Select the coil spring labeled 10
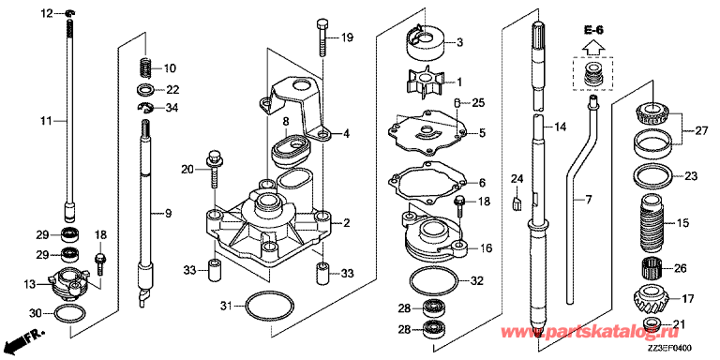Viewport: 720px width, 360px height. (146, 68)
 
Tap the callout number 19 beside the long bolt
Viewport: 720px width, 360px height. (347, 37)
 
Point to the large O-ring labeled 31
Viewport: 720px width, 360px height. (270, 306)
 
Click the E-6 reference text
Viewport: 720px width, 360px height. (593, 30)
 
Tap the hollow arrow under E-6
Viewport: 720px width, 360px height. (593, 46)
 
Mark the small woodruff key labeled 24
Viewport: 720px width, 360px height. (517, 202)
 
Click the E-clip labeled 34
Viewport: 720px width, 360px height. (145, 108)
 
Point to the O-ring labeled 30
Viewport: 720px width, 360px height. (69, 314)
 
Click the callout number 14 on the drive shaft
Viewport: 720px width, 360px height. (561, 127)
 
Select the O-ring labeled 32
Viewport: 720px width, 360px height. (433, 281)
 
